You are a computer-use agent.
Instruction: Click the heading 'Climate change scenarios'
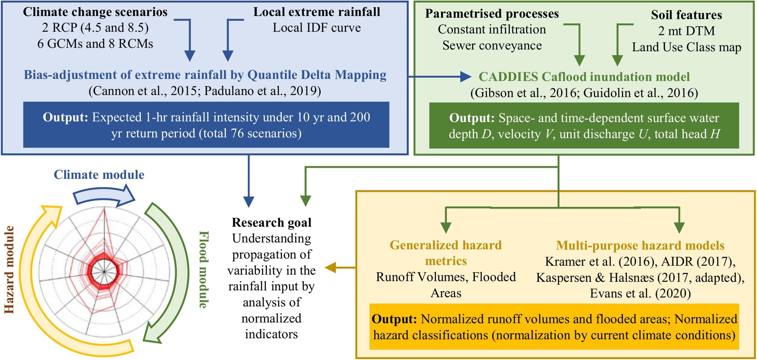point(95,12)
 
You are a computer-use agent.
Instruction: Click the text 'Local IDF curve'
point(317,28)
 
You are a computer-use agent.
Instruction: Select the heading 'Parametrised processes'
point(492,14)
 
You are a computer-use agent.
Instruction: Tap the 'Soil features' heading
point(686,15)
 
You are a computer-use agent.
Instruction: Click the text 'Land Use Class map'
point(686,47)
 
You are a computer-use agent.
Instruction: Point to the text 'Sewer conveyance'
point(492,46)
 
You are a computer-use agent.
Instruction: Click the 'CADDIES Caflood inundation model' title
point(584,77)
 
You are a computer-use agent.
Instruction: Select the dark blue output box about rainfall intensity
point(206,125)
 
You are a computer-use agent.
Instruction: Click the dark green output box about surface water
point(584,126)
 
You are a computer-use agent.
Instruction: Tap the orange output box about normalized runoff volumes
point(554,327)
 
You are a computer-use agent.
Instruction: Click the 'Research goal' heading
point(271,223)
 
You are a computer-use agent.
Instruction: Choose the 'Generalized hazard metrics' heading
point(446,253)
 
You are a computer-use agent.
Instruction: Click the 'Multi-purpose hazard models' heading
point(640,246)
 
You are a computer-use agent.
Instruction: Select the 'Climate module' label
point(99,175)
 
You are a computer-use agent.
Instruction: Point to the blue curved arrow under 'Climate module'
point(103,196)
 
